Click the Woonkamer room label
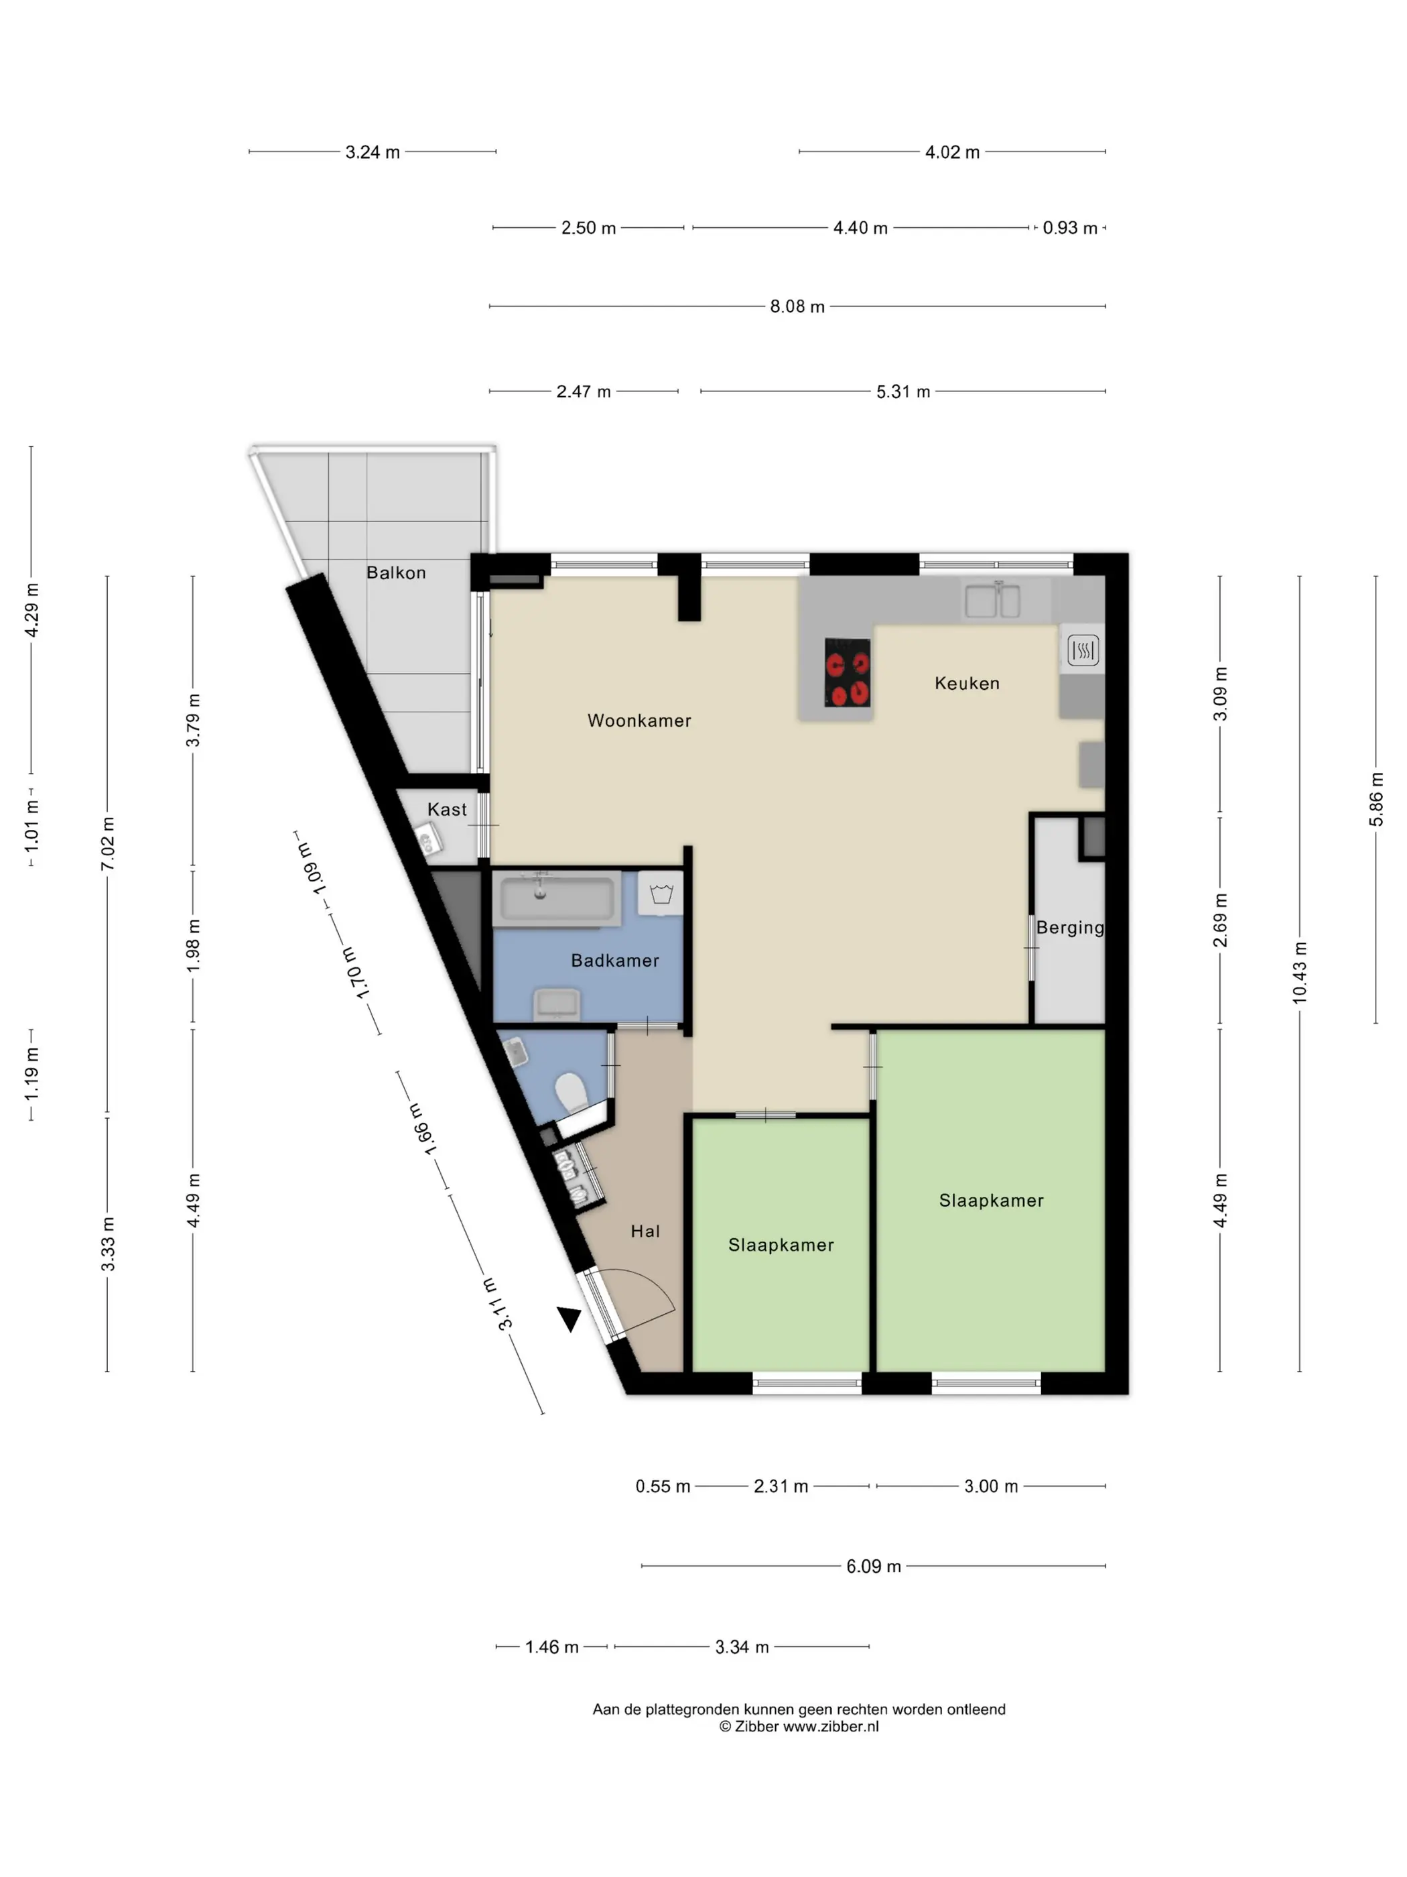click(639, 721)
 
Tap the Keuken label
click(967, 683)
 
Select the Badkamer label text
click(615, 961)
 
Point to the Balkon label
click(396, 572)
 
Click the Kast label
click(447, 810)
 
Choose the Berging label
click(1070, 928)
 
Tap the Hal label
click(645, 1231)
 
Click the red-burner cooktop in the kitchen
click(848, 672)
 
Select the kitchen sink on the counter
click(992, 600)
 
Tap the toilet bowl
click(572, 1093)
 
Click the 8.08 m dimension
click(797, 306)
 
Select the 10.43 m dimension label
click(1299, 973)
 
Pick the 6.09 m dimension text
click(874, 1567)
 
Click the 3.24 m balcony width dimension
click(373, 152)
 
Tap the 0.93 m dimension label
click(1070, 227)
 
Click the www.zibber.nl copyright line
click(799, 1726)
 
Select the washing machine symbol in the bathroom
click(661, 894)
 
